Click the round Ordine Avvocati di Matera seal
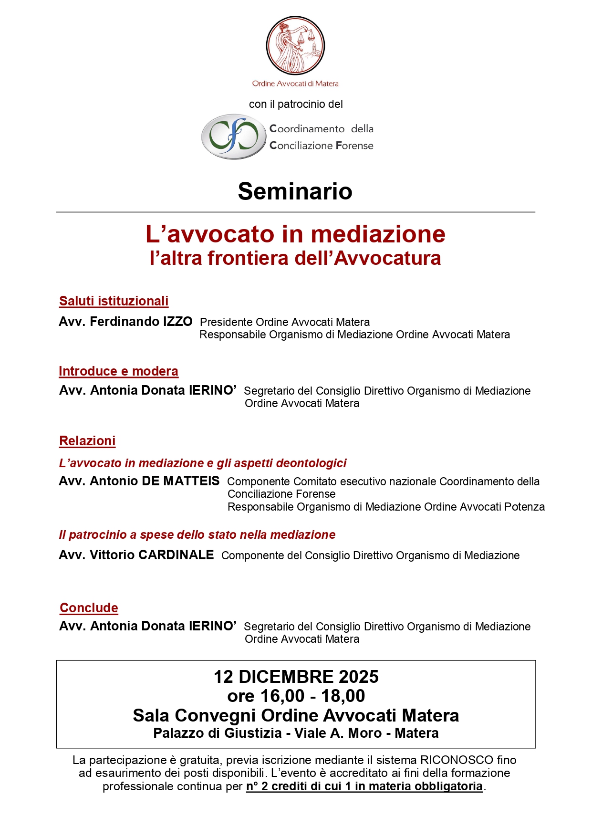point(295,46)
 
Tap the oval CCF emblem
point(233,136)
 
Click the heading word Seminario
point(295,191)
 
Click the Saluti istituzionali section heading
point(114,301)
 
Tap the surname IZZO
point(177,322)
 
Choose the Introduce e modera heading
point(118,371)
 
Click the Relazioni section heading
point(87,441)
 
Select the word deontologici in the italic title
point(311,463)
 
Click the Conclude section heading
point(89,608)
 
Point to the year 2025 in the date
point(358,677)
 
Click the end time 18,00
point(343,696)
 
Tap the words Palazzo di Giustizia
point(218,733)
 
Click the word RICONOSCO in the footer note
point(457,760)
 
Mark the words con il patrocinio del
point(296,104)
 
